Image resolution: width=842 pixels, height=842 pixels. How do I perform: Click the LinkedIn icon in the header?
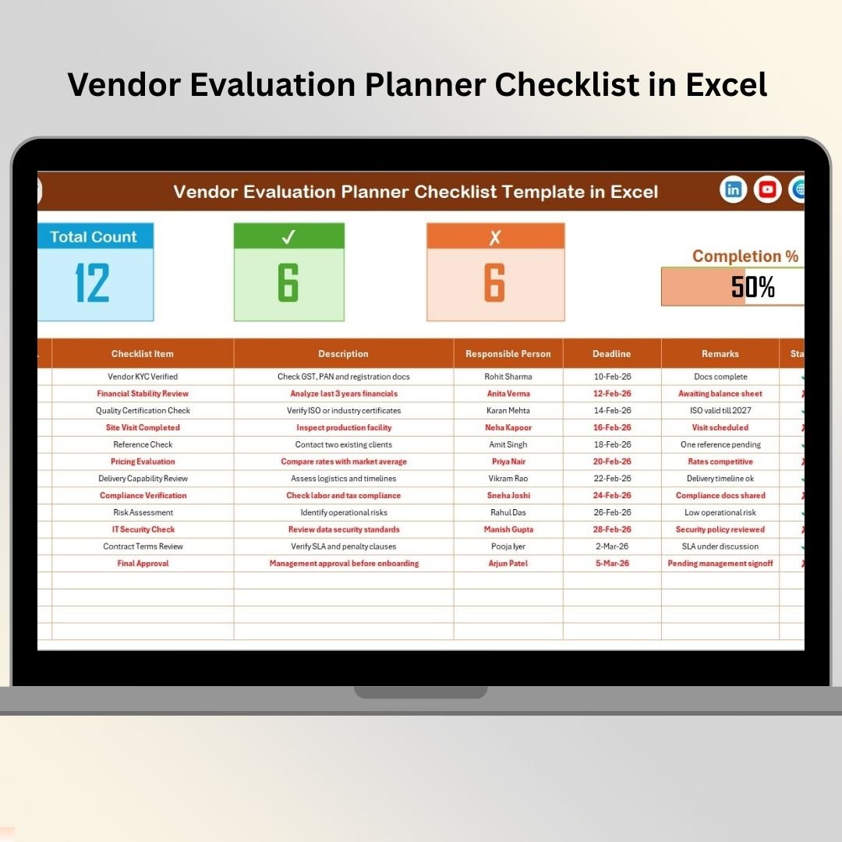tap(733, 189)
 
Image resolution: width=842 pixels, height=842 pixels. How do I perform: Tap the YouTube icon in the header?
tap(767, 189)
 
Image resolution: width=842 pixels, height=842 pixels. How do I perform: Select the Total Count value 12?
tap(92, 282)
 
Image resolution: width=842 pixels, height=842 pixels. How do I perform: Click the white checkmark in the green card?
tap(288, 236)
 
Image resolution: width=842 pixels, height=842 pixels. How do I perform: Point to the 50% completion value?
tap(753, 287)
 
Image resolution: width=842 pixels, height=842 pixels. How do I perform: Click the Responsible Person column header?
tap(508, 354)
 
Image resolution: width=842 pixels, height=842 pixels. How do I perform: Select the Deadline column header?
tap(612, 354)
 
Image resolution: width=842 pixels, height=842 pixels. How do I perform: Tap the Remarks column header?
tap(720, 354)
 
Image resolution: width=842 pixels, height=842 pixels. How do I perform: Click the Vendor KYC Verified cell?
tap(143, 377)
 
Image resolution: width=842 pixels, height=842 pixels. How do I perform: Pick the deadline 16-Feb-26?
tap(612, 427)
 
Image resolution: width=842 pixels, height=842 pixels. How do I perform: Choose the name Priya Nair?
tap(508, 462)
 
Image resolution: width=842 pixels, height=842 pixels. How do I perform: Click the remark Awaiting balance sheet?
tap(720, 394)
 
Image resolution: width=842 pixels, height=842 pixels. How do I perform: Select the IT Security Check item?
tap(143, 529)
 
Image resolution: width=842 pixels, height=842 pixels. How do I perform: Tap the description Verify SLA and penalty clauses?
tap(344, 546)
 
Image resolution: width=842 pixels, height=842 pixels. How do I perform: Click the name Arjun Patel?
tap(508, 564)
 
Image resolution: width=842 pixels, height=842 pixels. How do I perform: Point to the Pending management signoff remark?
tap(720, 564)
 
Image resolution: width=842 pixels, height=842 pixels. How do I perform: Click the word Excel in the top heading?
tap(727, 84)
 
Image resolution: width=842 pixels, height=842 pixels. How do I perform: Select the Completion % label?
tap(745, 256)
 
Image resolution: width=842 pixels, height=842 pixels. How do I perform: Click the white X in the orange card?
tap(495, 237)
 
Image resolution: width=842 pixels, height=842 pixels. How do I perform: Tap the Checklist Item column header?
tap(143, 354)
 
